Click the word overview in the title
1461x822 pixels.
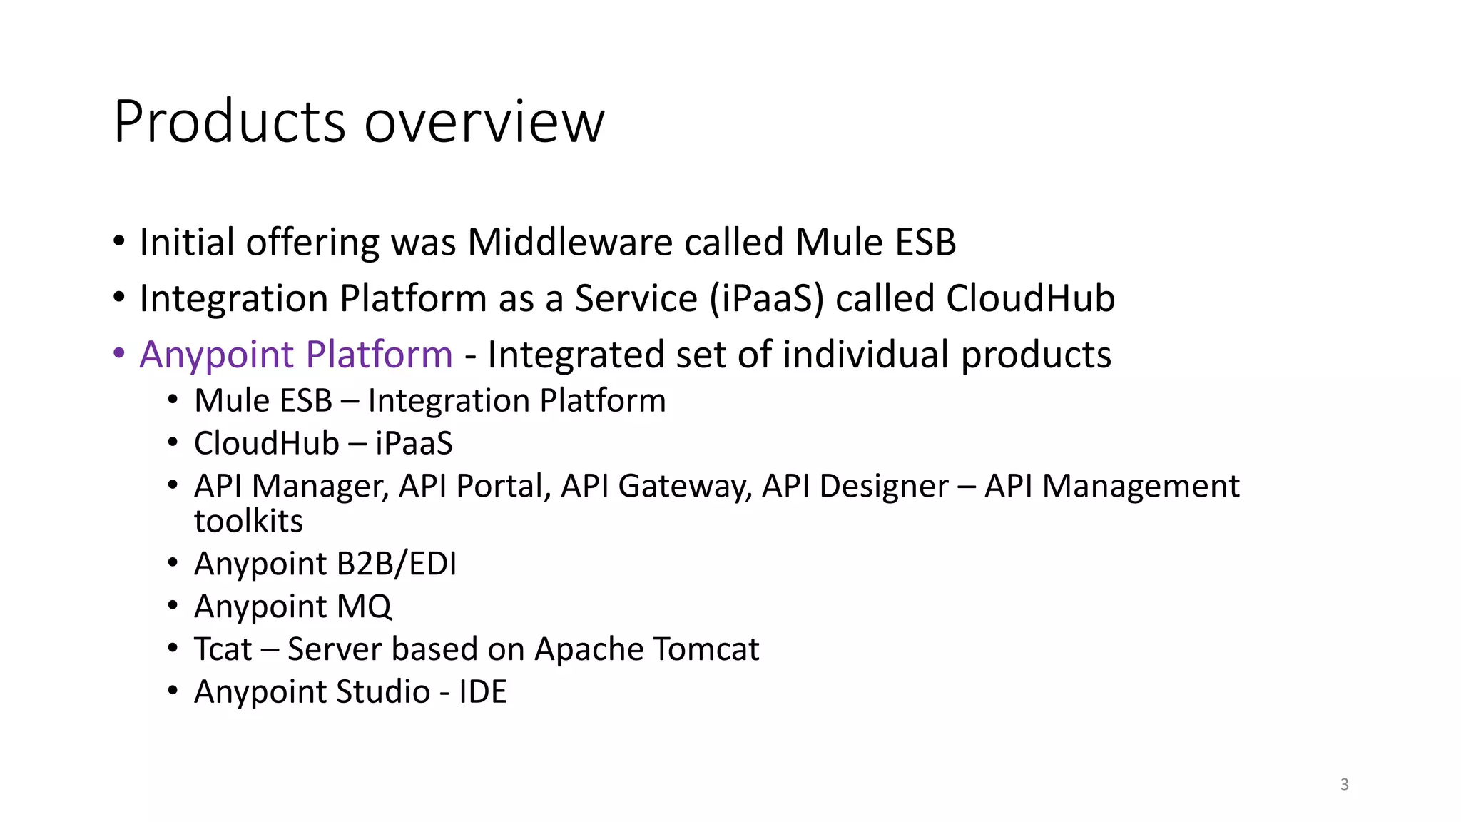(484, 122)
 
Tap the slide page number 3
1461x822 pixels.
(1344, 784)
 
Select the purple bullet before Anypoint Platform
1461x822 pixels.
(119, 353)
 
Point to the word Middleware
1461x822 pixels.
(570, 242)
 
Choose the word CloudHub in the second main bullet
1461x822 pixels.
(1030, 298)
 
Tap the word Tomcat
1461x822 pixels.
(706, 649)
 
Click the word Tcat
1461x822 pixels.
(223, 649)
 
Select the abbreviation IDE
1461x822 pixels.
(482, 691)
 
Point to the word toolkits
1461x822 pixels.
(248, 521)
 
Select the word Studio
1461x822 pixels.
(383, 691)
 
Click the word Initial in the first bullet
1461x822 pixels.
(187, 242)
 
